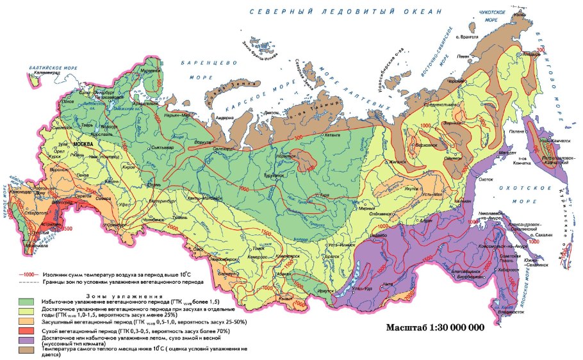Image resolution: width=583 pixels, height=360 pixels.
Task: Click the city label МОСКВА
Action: point(83,145)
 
